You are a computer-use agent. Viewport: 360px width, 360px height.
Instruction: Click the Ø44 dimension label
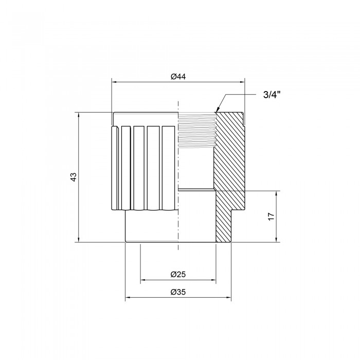coord(178,77)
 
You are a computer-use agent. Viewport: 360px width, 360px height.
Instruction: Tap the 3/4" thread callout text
coord(272,95)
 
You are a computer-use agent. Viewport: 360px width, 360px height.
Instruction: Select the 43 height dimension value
coord(73,177)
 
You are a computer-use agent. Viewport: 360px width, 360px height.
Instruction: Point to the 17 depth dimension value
coord(271,217)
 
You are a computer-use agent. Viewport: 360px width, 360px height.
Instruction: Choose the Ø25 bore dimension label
coord(178,274)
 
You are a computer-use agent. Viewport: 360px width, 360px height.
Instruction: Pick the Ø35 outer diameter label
coord(178,292)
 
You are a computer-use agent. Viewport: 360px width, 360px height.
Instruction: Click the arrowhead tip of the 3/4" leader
coord(217,112)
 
